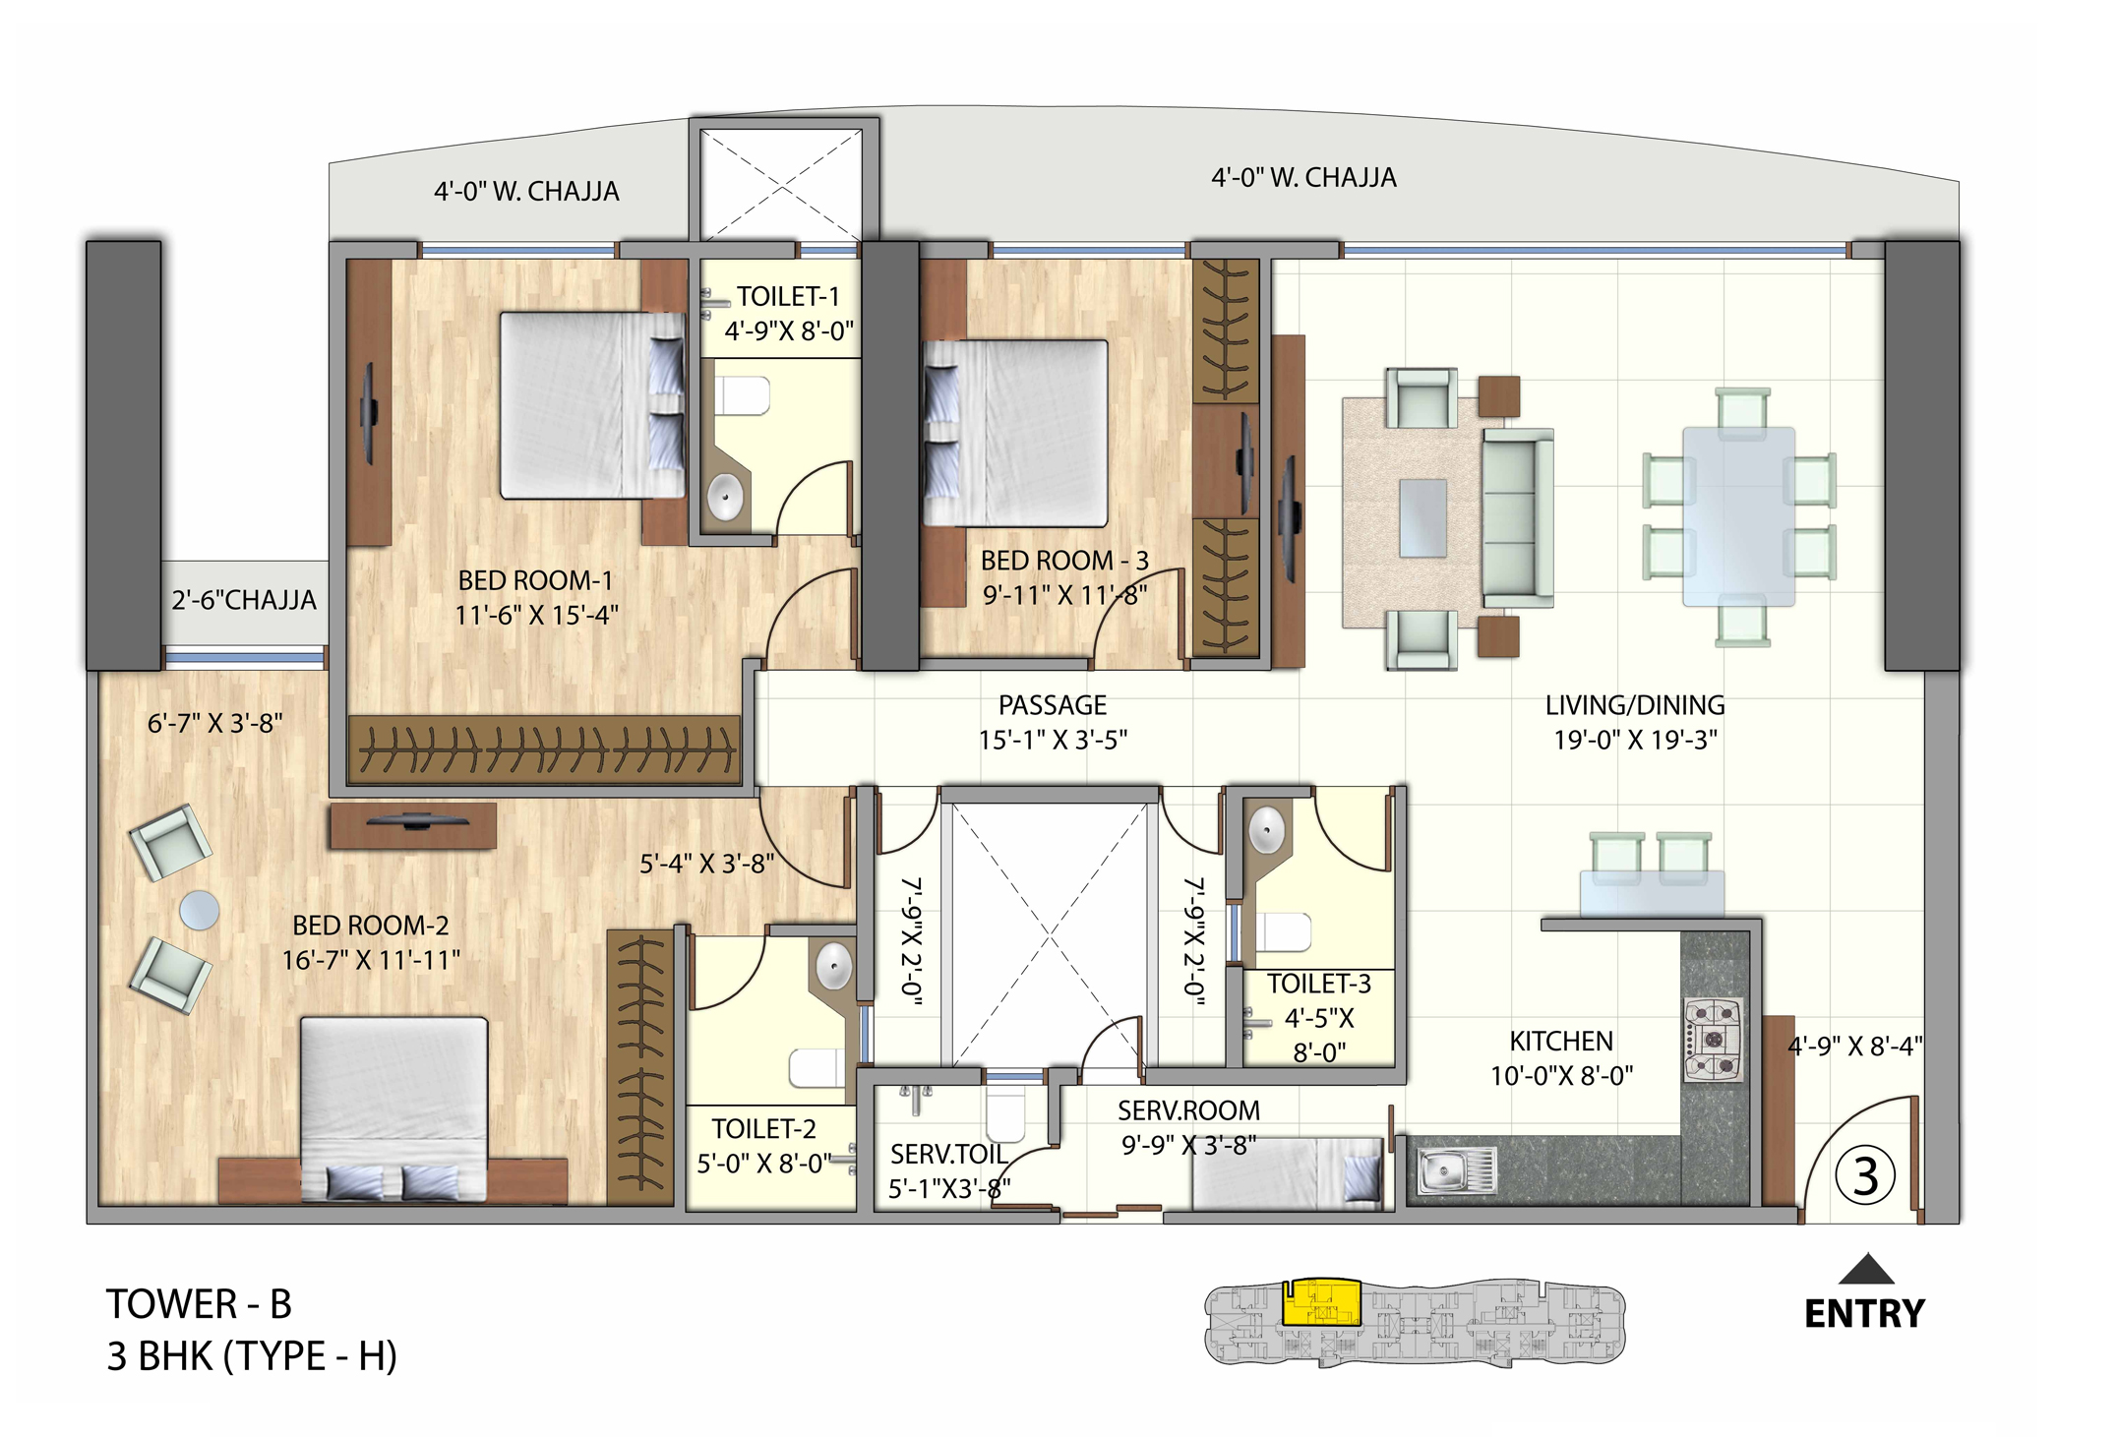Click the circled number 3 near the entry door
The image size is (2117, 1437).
pos(1864,1175)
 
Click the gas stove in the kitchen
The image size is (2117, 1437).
pos(1714,1040)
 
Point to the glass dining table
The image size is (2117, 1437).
pos(1738,515)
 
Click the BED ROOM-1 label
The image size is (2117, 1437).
pos(535,580)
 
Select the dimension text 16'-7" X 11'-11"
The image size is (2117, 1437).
pos(371,959)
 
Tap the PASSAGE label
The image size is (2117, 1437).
pos(1052,705)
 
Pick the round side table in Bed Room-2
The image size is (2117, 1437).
pos(200,910)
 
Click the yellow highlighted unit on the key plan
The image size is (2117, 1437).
pos(1322,1303)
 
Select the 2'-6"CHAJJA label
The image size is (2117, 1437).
pos(243,600)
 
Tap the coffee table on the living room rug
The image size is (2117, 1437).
pos(1422,517)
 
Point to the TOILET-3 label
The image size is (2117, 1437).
pos(1318,984)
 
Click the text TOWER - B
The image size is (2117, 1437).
pos(199,1304)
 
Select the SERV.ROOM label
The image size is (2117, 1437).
pos(1187,1110)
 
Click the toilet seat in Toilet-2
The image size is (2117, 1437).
pos(817,1068)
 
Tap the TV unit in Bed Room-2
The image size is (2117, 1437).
pos(413,825)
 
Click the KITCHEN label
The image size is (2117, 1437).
pos(1560,1041)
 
